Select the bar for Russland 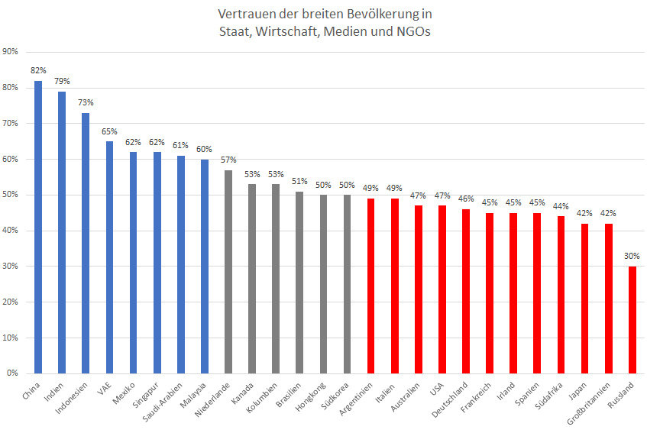(632, 320)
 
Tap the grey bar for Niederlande (228, 272)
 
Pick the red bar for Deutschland (466, 291)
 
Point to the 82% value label (38, 70)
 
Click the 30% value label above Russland (632, 256)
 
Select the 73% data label (86, 102)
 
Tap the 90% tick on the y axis (11, 52)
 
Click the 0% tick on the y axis (13, 373)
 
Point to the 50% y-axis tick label (11, 195)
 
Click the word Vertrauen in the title (246, 15)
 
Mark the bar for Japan (584, 299)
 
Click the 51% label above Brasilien (299, 181)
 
